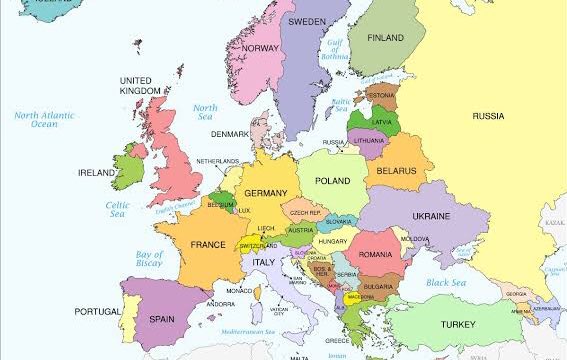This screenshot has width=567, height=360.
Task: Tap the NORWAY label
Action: (260, 48)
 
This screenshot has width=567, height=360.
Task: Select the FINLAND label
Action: (385, 38)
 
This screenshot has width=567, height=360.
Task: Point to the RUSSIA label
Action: (487, 116)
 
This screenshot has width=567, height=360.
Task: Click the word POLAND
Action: (332, 181)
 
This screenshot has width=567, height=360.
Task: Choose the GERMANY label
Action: (265, 193)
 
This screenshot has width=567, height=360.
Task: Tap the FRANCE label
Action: (208, 245)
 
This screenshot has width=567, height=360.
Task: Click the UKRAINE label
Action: (431, 216)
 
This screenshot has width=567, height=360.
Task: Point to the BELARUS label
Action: (396, 172)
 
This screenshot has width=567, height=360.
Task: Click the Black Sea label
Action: (447, 283)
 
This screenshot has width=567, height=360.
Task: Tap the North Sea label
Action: (205, 113)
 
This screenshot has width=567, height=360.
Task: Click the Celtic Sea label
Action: (118, 209)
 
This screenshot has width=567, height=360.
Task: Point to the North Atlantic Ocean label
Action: (43, 119)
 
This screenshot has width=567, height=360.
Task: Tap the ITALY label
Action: (263, 262)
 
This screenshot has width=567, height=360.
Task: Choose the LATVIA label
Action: (382, 122)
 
